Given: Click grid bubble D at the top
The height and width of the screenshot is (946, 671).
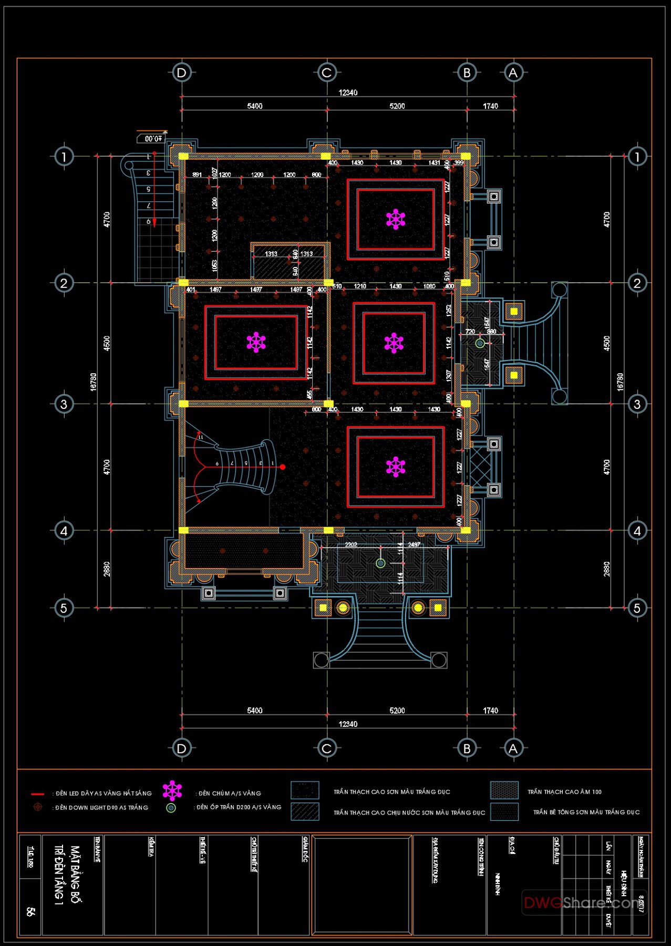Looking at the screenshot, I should coord(182,73).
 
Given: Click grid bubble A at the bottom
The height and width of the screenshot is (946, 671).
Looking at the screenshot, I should coord(513,748).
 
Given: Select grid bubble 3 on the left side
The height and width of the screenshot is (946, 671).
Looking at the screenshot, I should coord(64,404).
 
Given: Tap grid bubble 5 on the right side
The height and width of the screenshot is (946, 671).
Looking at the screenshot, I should coord(637,608).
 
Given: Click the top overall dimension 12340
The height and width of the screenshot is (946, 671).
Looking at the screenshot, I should coord(348,92).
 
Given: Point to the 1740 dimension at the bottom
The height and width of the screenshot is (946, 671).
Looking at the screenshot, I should coord(490,711).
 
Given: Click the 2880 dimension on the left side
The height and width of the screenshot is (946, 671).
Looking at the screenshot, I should coord(107,569).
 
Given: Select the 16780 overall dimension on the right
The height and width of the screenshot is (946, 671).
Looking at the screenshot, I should coord(620,382).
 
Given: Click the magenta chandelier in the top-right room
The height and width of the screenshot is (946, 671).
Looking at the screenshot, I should coord(395,219).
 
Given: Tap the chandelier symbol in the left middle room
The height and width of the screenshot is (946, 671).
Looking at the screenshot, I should coord(256,342).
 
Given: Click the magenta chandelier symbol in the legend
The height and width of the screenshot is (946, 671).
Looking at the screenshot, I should coord(172,790).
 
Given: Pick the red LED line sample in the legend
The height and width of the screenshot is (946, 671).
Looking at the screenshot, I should coord(38,794).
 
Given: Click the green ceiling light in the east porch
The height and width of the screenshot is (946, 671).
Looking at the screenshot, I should coord(480,343).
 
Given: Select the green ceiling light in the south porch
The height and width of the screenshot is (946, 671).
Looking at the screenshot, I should coord(380,563).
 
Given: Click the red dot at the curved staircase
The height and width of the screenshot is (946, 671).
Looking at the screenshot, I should coord(283,467).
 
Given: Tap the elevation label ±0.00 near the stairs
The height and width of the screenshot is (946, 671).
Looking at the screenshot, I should coord(152,139).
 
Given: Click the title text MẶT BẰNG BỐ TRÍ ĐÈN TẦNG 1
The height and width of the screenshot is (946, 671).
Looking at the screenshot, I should coord(68,875).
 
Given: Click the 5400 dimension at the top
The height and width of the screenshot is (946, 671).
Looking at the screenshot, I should coord(254,106).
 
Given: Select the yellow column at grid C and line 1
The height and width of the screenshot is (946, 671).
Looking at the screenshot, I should coord(326,156).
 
